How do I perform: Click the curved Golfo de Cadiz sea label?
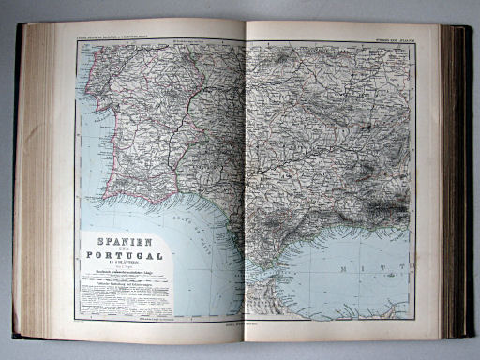point(184,231)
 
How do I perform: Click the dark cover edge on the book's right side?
point(462,178)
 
